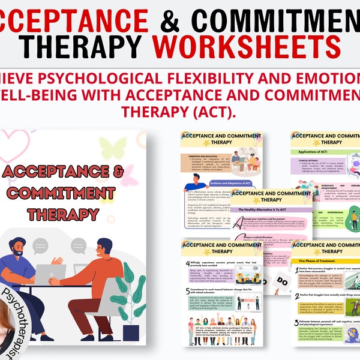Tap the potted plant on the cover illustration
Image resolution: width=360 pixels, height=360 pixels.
[x=128, y=303]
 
